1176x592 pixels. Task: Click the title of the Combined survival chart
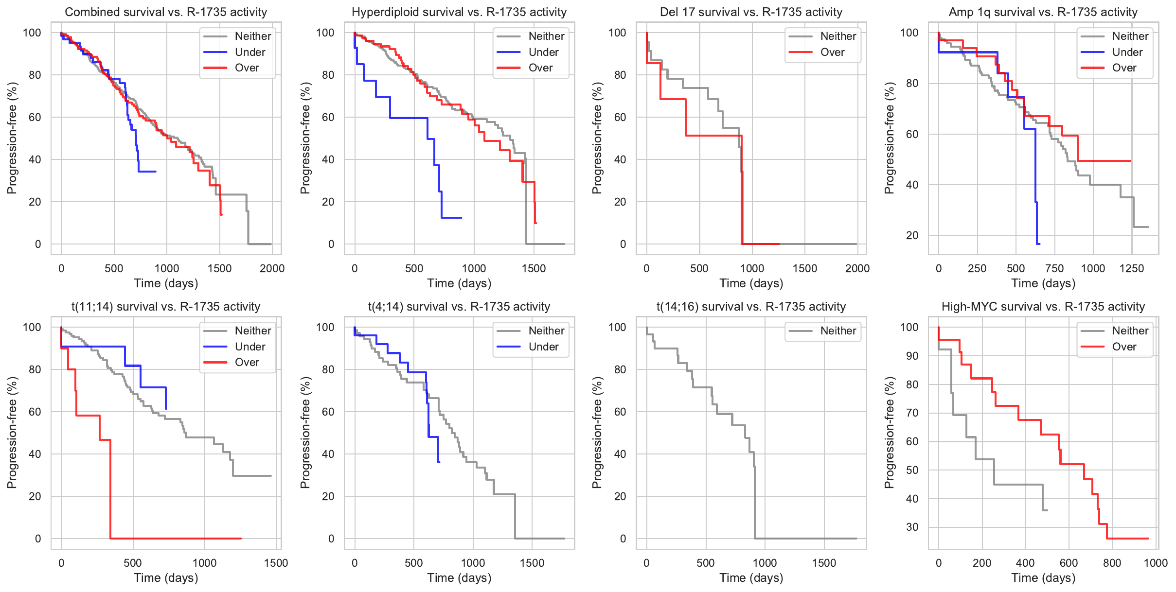166,12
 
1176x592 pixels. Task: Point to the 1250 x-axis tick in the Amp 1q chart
1132,268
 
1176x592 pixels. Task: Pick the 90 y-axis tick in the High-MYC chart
909,356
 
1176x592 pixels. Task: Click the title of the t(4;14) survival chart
459,307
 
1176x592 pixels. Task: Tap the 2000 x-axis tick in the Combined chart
272,268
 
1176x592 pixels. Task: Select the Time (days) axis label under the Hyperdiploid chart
459,283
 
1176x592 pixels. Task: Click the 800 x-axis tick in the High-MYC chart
1112,563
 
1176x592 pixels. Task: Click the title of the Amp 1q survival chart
1043,12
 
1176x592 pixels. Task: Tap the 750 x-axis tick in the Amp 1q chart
1054,268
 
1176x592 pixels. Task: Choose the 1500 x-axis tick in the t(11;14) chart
276,563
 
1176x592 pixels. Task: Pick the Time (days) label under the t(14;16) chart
751,578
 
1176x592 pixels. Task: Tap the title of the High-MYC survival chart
1043,307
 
